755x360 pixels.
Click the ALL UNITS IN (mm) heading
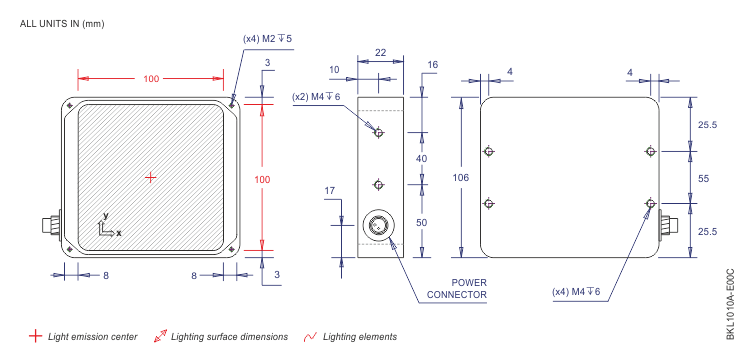(x=61, y=23)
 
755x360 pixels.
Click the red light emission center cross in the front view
(x=151, y=177)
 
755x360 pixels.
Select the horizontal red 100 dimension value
(x=151, y=78)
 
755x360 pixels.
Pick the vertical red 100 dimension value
(x=262, y=178)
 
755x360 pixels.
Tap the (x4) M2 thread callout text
(x=267, y=38)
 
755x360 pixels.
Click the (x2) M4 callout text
(x=316, y=97)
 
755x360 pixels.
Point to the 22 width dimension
(x=380, y=52)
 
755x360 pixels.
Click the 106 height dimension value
(x=461, y=177)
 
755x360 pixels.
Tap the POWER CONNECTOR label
(x=456, y=288)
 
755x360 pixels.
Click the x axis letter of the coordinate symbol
(x=119, y=233)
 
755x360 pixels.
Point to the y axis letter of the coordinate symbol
(x=105, y=216)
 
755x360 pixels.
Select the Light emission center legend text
(x=93, y=337)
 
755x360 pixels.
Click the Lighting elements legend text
(x=360, y=337)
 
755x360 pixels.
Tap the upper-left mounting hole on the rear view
(x=489, y=152)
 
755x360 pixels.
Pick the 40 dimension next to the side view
(x=421, y=159)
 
